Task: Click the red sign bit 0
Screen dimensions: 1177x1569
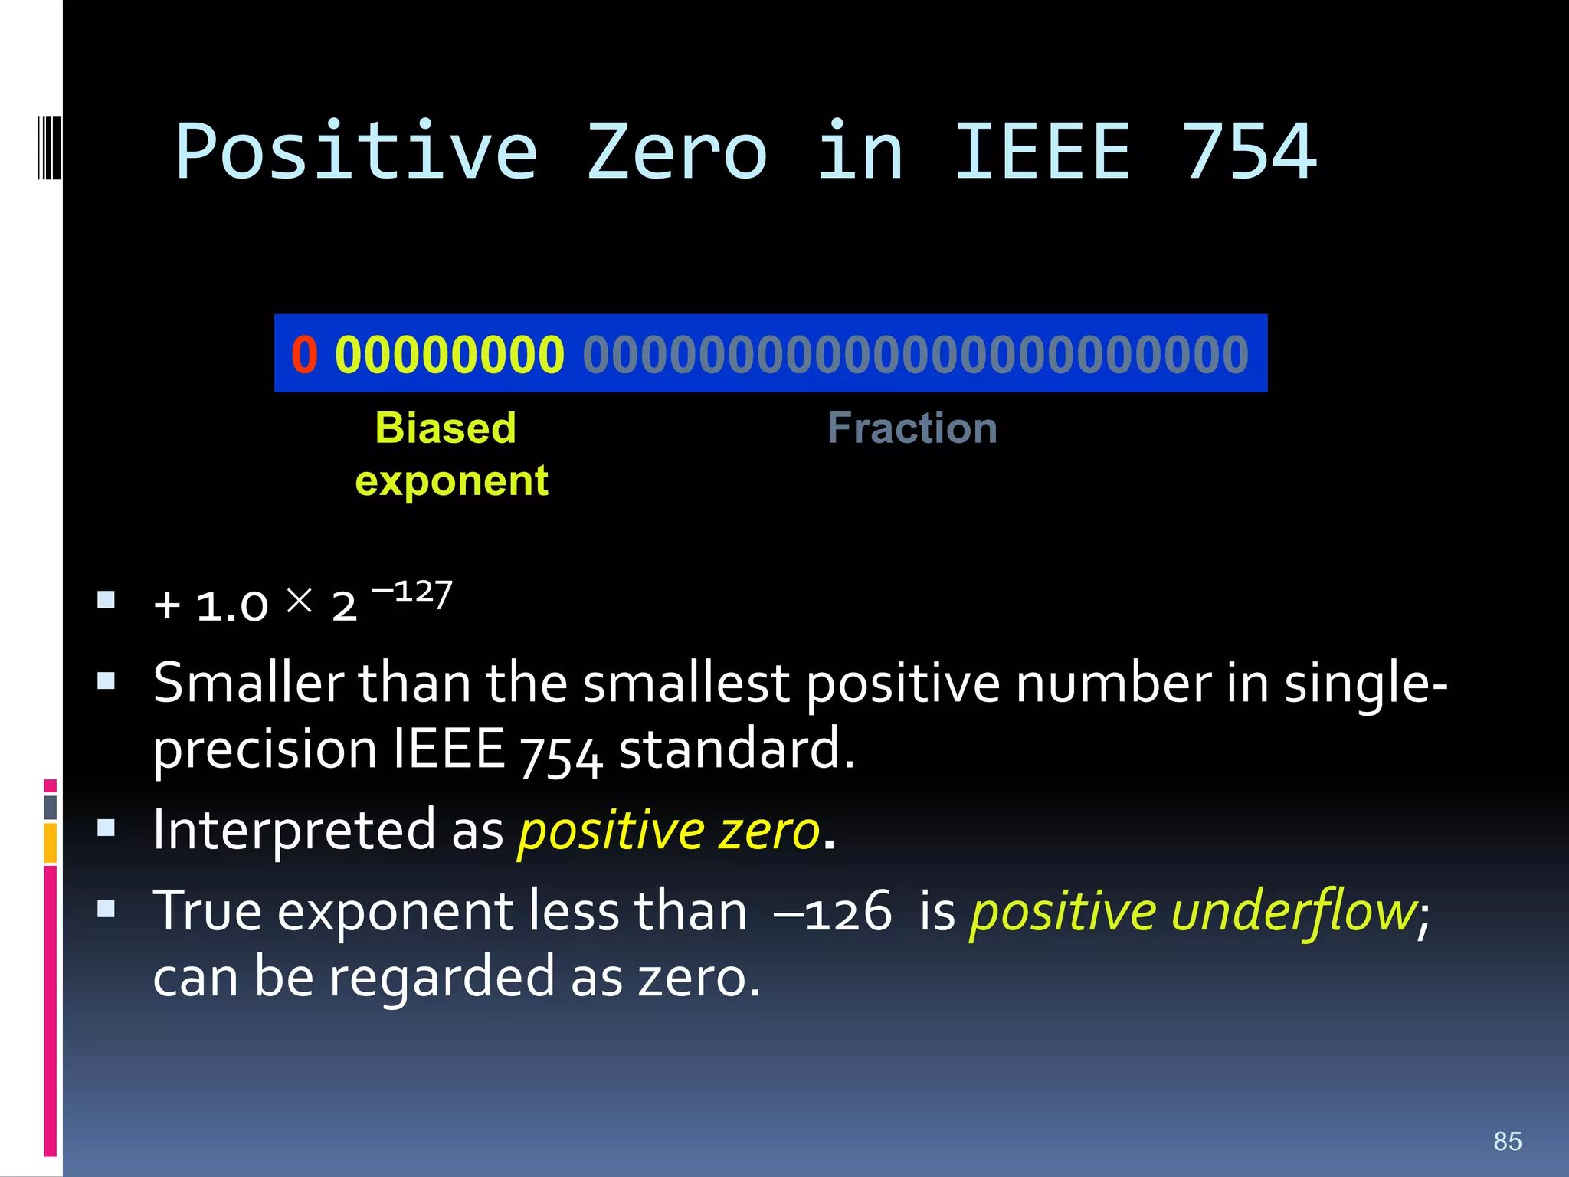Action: point(304,354)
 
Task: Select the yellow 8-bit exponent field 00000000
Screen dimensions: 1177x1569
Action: point(450,354)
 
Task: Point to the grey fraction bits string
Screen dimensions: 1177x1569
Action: point(916,354)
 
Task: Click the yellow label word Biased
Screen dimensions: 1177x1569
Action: point(445,428)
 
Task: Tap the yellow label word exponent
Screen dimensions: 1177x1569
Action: point(452,481)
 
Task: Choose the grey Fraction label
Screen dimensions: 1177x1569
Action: point(912,428)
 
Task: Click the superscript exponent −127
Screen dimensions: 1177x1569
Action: point(412,592)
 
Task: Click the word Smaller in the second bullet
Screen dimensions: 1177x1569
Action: point(248,683)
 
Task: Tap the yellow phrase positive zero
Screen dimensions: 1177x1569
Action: point(668,830)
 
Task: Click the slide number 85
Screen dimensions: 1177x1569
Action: point(1507,1141)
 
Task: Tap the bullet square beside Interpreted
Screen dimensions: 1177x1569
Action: point(106,828)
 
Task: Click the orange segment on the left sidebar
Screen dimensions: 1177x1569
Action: point(50,842)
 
